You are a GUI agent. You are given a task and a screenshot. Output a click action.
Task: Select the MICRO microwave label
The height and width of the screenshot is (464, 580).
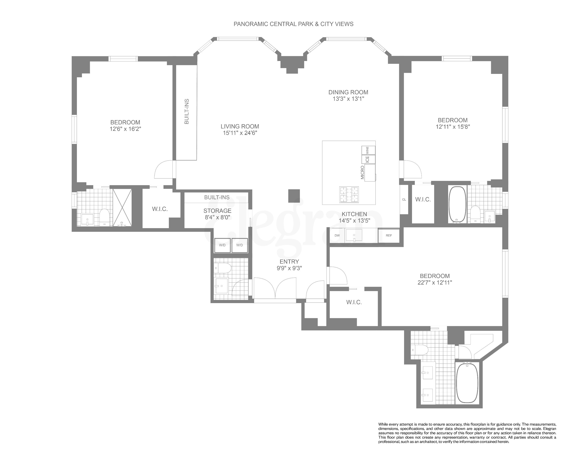pyautogui.click(x=362, y=172)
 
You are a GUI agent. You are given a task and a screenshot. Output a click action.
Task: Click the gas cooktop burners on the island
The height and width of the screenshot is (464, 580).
pyautogui.click(x=349, y=194)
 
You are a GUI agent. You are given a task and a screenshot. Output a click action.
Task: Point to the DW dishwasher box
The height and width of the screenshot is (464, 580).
pyautogui.click(x=337, y=235)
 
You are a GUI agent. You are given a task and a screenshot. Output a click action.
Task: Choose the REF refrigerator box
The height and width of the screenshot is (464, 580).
pyautogui.click(x=389, y=235)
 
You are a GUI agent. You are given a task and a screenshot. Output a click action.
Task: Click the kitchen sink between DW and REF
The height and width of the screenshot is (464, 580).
pyautogui.click(x=354, y=235)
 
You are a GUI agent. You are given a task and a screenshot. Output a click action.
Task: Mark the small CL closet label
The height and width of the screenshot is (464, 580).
pyautogui.click(x=404, y=200)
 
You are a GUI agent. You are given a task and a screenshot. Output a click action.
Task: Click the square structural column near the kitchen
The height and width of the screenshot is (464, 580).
pyautogui.click(x=294, y=196)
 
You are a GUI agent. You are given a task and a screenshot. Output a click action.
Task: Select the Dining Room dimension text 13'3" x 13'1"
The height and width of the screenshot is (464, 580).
pyautogui.click(x=348, y=99)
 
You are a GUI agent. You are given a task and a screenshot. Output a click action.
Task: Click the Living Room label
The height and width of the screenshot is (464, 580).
pyautogui.click(x=240, y=127)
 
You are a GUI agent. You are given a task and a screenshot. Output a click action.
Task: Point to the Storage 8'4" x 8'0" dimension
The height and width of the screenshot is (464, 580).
pyautogui.click(x=217, y=217)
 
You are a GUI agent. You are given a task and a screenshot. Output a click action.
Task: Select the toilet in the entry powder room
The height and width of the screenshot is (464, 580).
pyautogui.click(x=223, y=268)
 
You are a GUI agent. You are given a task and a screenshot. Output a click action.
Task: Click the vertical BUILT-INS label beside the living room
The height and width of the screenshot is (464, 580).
pyautogui.click(x=186, y=112)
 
